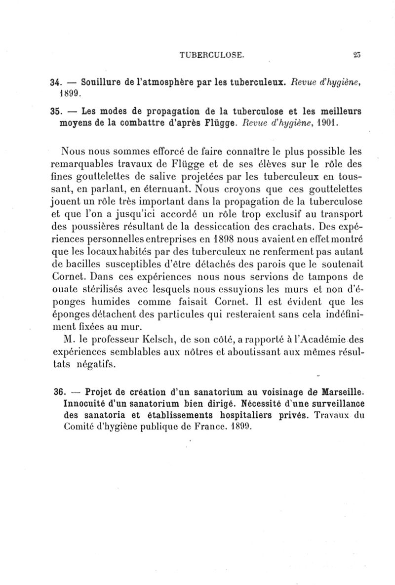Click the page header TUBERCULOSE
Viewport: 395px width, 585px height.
[212, 55]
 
